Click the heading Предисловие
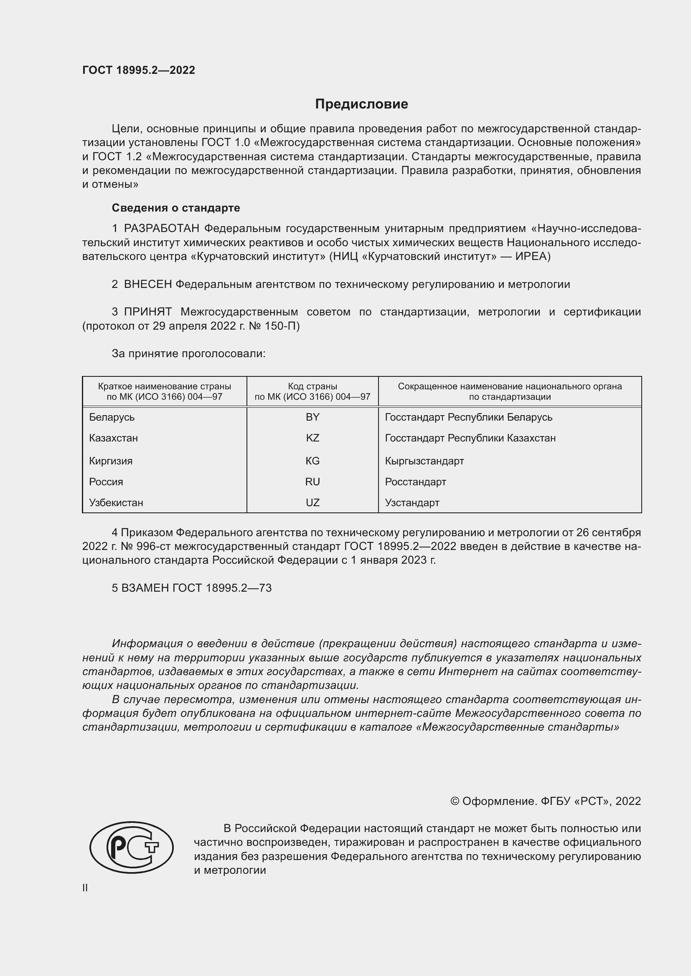click(361, 104)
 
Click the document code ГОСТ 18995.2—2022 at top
click(139, 70)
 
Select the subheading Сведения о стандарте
click(176, 208)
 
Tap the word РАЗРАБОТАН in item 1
click(162, 229)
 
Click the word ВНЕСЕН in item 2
click(147, 285)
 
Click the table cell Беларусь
click(112, 417)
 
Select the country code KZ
click(312, 438)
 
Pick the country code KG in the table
click(312, 461)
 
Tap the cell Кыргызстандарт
click(424, 461)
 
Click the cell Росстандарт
click(415, 482)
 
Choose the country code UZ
click(312, 503)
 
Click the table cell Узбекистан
click(116, 503)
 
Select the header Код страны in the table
click(312, 386)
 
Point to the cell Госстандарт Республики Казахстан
click(470, 438)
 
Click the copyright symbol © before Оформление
click(455, 801)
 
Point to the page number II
click(85, 888)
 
